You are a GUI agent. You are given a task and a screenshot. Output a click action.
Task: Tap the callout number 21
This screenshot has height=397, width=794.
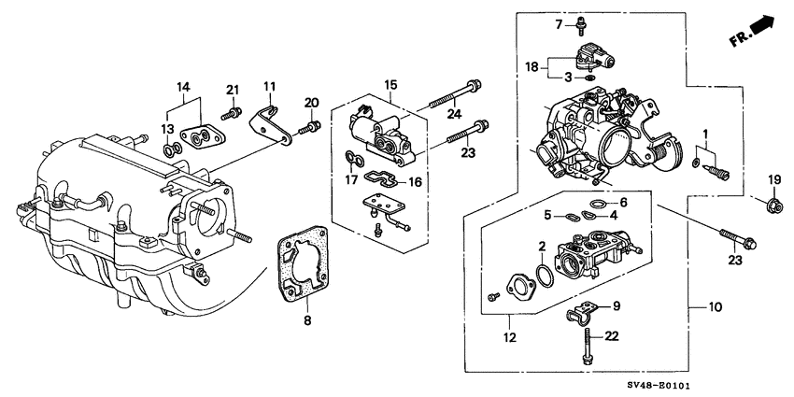click(x=234, y=89)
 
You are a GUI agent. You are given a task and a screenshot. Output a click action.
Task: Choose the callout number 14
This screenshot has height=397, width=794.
click(x=183, y=86)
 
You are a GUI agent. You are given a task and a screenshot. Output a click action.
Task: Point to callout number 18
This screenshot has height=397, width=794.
click(x=529, y=67)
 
